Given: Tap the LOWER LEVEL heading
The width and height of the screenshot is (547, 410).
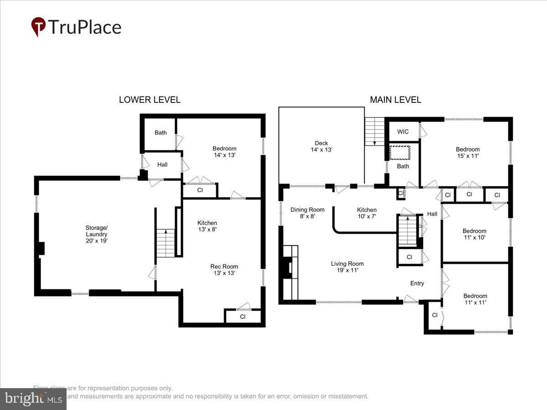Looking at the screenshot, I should [150, 100].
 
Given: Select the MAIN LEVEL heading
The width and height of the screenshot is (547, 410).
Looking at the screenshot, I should [395, 100].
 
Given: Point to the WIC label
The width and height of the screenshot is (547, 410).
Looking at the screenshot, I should [403, 132].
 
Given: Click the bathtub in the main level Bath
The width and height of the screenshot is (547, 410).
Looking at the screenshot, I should [400, 152].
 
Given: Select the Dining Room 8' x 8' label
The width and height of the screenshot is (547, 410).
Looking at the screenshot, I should [307, 213].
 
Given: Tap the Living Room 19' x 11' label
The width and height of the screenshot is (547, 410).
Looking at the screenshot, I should [347, 267].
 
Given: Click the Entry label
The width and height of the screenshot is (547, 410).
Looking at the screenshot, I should [417, 283].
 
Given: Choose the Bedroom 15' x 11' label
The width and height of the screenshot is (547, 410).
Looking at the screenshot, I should [468, 152].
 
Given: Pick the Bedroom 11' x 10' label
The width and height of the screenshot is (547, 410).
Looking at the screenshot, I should [474, 234].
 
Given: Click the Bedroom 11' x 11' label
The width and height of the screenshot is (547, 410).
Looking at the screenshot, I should [475, 299].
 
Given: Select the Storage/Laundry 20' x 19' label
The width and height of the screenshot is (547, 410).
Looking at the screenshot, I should [96, 234].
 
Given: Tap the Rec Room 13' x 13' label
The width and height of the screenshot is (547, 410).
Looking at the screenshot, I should [224, 270].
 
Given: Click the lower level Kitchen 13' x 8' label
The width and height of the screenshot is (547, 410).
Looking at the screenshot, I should [207, 226].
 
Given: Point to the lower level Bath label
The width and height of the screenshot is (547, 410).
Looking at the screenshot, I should [160, 133].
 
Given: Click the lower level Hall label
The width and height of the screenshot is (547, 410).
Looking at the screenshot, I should [162, 165].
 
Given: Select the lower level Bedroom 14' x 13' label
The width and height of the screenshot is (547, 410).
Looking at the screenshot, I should [224, 152].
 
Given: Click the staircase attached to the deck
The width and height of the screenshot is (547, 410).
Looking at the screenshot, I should [375, 131].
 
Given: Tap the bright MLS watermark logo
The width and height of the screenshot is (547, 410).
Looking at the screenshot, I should [33, 399].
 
